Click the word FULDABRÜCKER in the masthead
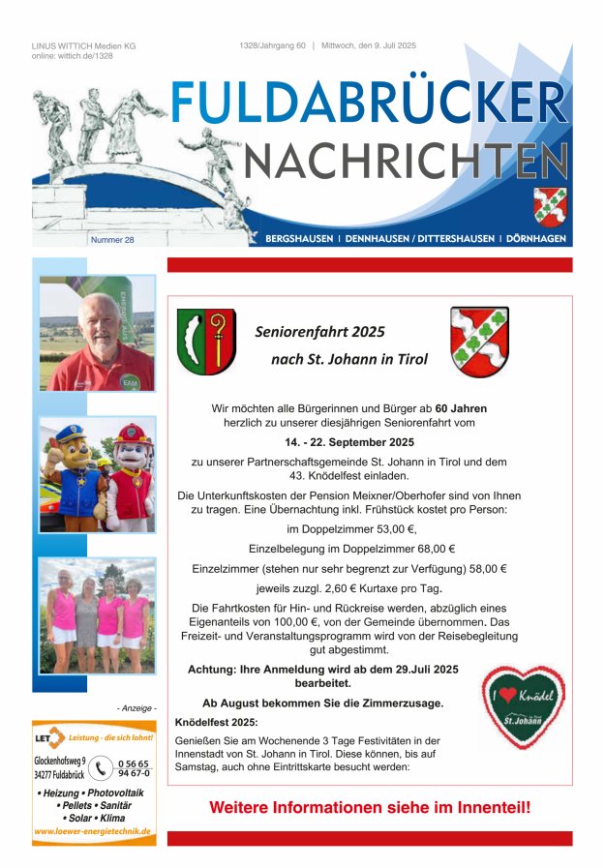click(369, 104)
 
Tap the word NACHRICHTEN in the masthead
click(406, 162)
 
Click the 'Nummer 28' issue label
click(112, 239)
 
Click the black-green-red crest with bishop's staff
click(205, 342)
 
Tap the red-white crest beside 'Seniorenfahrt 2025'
click(478, 341)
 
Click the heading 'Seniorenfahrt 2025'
click(319, 332)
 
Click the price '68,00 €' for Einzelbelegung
click(437, 549)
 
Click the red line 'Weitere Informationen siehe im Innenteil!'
click(370, 806)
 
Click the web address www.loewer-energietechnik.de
click(93, 831)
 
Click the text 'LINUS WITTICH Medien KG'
click(83, 45)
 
